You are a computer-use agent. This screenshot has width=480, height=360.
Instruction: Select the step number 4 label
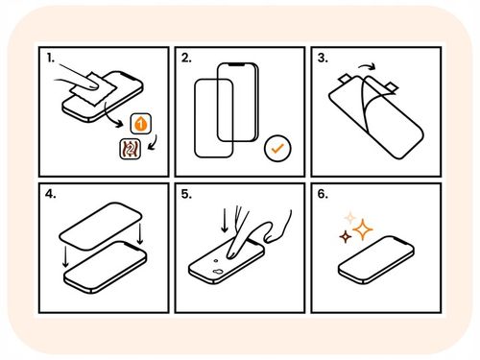51,193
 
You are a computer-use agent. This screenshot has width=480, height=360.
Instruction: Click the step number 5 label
186,193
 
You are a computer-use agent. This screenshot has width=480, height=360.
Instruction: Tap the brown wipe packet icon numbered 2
125,149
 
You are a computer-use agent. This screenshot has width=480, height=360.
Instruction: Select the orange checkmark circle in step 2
276,149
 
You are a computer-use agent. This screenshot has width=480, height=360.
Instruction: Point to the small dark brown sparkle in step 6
343,234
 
